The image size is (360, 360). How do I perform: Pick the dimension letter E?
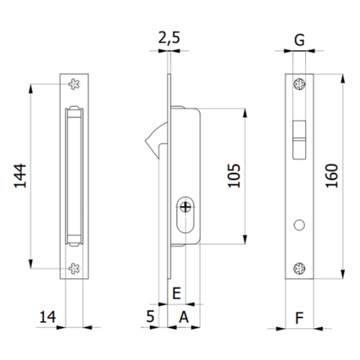click(176, 293)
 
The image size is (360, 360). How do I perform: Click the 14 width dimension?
click(48, 317)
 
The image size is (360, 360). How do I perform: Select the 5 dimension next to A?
click(151, 317)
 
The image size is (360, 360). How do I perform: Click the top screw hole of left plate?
click(74, 85)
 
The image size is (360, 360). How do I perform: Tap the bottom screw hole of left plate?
click(74, 269)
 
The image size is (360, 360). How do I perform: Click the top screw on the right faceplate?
click(298, 84)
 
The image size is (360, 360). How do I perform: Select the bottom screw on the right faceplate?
click(298, 268)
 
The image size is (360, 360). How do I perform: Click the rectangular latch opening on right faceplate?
click(298, 139)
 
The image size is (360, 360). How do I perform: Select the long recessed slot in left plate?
click(74, 176)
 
